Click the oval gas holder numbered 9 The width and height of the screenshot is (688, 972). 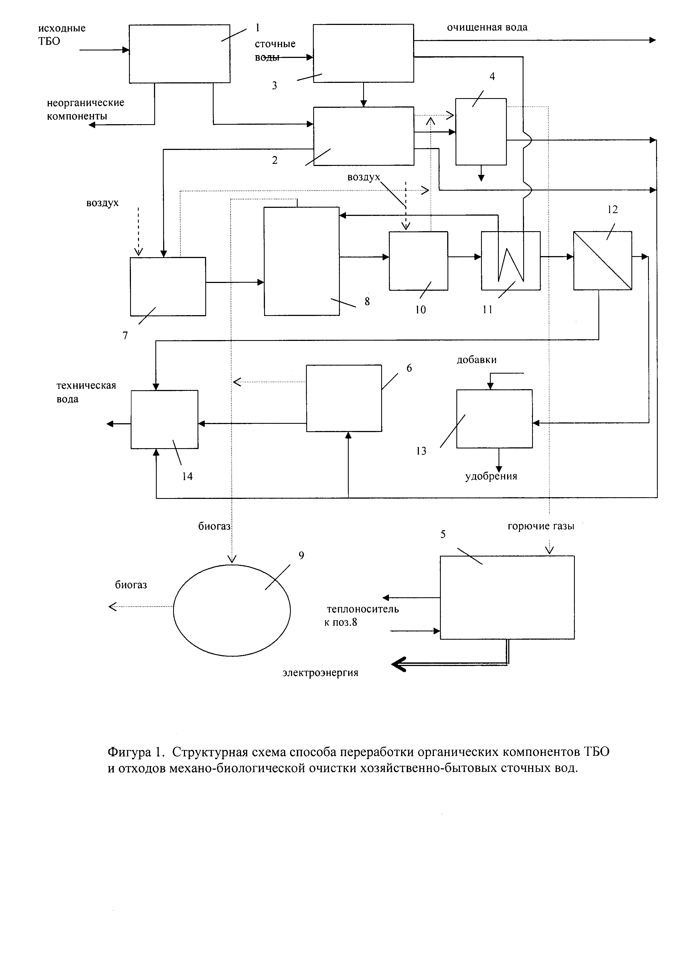pyautogui.click(x=232, y=610)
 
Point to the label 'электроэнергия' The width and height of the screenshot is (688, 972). pyautogui.click(x=320, y=673)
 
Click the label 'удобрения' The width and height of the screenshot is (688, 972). pyautogui.click(x=491, y=476)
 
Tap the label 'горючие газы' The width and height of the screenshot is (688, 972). pyautogui.click(x=541, y=526)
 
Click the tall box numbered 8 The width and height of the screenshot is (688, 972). pyautogui.click(x=302, y=261)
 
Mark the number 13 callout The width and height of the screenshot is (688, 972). pyautogui.click(x=421, y=451)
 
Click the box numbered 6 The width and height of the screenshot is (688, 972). pyautogui.click(x=344, y=398)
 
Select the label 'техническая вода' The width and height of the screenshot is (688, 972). pyautogui.click(x=86, y=392)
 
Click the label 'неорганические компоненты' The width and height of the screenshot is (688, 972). pyautogui.click(x=85, y=109)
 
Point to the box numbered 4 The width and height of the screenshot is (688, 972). pyautogui.click(x=481, y=132)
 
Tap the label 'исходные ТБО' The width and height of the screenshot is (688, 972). pyautogui.click(x=61, y=34)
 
